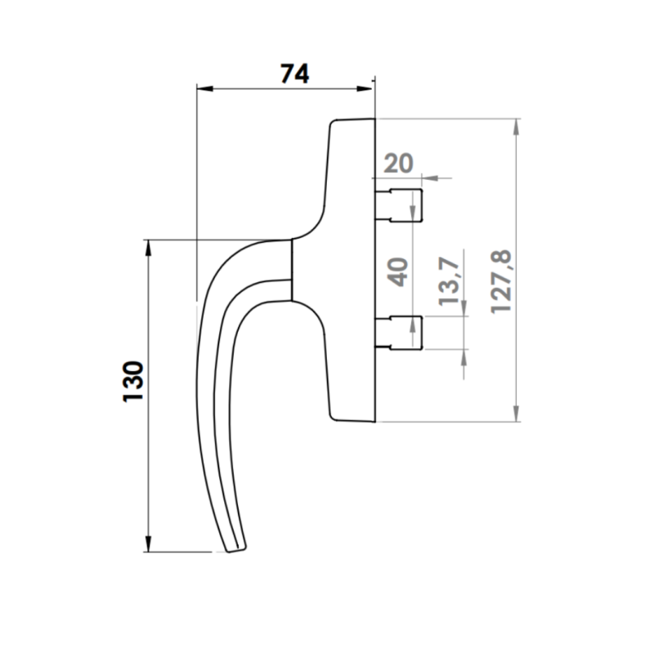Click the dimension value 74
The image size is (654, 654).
click(294, 74)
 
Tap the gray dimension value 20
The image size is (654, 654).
click(397, 163)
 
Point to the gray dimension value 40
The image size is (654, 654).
click(397, 271)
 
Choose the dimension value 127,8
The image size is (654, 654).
click(499, 282)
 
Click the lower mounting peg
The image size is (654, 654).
click(401, 331)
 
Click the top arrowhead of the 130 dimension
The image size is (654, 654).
click(148, 246)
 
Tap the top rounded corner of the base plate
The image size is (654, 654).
click(334, 123)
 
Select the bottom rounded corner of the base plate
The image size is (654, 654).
click(334, 418)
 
